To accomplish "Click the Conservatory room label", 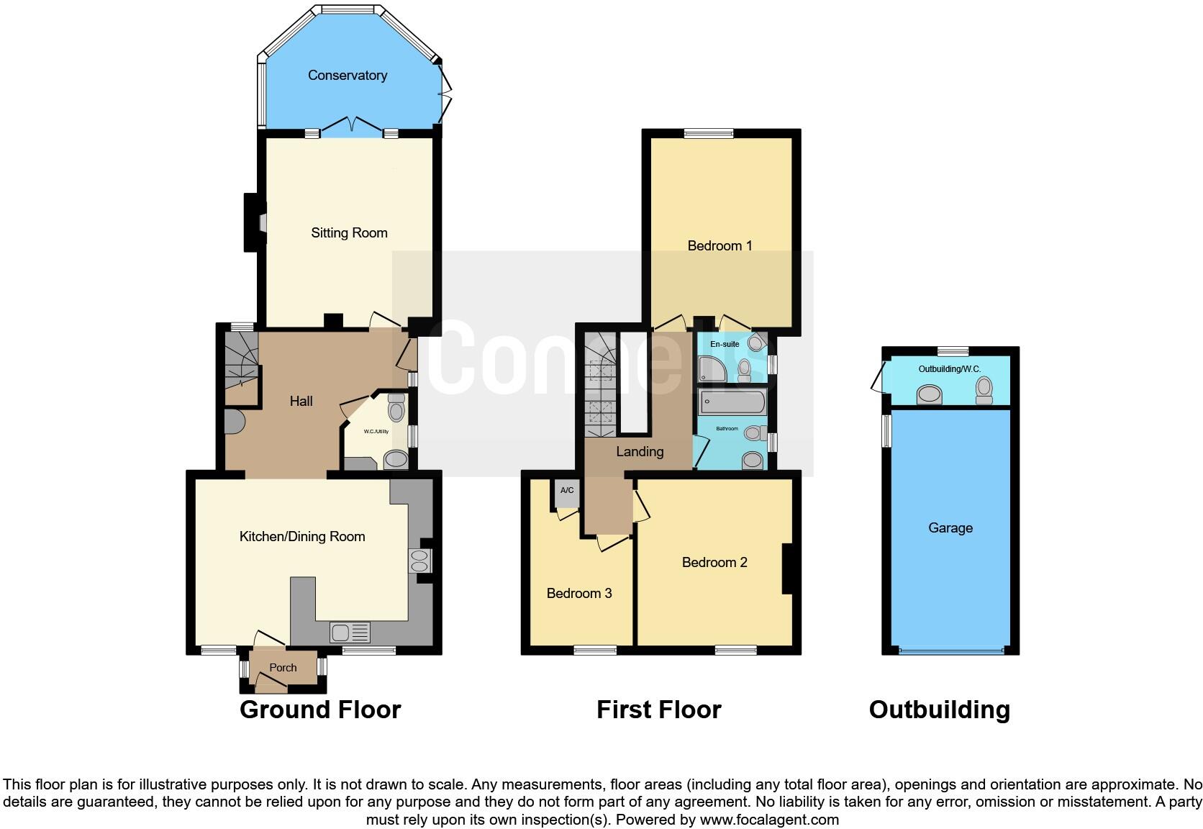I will [348, 76].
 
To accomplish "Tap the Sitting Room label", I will [349, 233].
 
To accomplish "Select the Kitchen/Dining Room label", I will [302, 537].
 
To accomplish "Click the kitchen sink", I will [350, 633].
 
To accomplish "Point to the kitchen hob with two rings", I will [419, 561].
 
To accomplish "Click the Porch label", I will [283, 668].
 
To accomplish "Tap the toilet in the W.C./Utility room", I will [396, 411].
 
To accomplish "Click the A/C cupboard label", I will [567, 491].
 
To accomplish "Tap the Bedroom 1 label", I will [719, 246].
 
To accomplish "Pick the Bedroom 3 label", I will [579, 594].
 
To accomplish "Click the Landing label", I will [640, 452].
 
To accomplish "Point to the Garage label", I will [950, 528].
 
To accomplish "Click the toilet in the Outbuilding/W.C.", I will [984, 390].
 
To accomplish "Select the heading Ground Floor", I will [320, 710].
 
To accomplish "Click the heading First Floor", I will [658, 710].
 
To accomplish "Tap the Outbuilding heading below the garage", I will [939, 710].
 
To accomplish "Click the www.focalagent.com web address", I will [769, 820].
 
